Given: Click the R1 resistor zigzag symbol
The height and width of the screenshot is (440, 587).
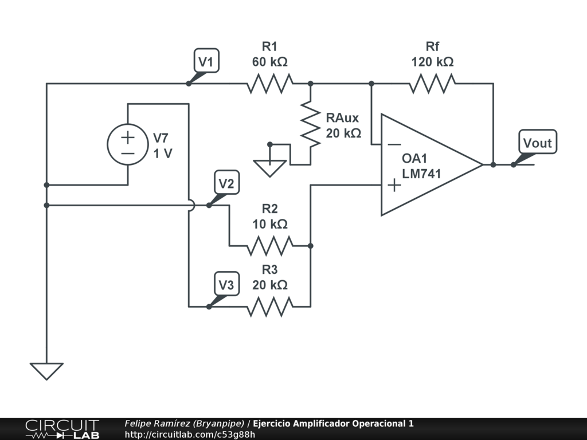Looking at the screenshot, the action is click(269, 84).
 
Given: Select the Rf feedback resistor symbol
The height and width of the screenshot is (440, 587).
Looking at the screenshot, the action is click(432, 84).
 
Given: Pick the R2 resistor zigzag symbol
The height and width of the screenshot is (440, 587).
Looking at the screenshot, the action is click(269, 246).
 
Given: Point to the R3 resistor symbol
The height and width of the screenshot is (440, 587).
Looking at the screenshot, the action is click(269, 307).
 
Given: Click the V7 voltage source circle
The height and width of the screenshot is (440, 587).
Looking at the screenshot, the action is click(128, 144).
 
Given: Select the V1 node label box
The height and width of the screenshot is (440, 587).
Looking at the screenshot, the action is click(206, 61).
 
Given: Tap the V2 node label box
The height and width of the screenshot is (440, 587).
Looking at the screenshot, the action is click(227, 183).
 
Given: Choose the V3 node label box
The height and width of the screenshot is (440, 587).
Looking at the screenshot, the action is click(227, 284).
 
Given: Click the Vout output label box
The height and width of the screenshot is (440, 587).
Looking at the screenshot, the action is click(538, 142).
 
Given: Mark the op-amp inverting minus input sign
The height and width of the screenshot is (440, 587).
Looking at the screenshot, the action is click(394, 144).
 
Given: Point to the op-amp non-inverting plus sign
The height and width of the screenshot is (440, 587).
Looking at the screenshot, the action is click(394, 185).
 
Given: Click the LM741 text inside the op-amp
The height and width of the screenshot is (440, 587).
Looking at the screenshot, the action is click(421, 174).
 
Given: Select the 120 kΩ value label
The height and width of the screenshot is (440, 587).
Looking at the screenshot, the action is click(432, 62).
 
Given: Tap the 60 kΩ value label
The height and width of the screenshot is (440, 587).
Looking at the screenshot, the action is click(269, 62).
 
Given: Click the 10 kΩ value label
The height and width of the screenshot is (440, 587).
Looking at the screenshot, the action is click(269, 224).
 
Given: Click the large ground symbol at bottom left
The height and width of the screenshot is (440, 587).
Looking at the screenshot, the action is click(46, 371).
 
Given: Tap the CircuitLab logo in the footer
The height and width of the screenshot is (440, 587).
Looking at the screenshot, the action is click(62, 429).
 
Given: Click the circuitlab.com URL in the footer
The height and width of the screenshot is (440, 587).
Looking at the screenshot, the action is click(190, 434).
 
